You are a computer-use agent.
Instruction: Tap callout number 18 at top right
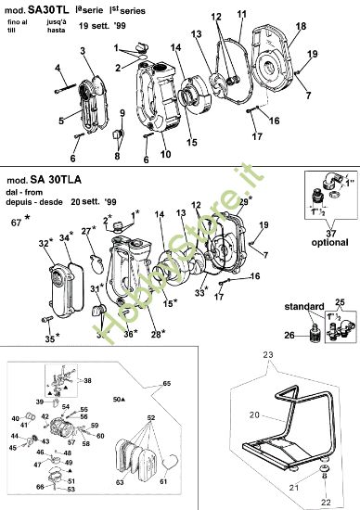300,29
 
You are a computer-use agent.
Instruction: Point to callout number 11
241,14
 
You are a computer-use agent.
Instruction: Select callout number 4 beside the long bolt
58,69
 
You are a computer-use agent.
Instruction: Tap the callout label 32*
45,244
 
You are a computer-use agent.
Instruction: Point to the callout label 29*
244,201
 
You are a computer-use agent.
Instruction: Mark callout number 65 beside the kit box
167,382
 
